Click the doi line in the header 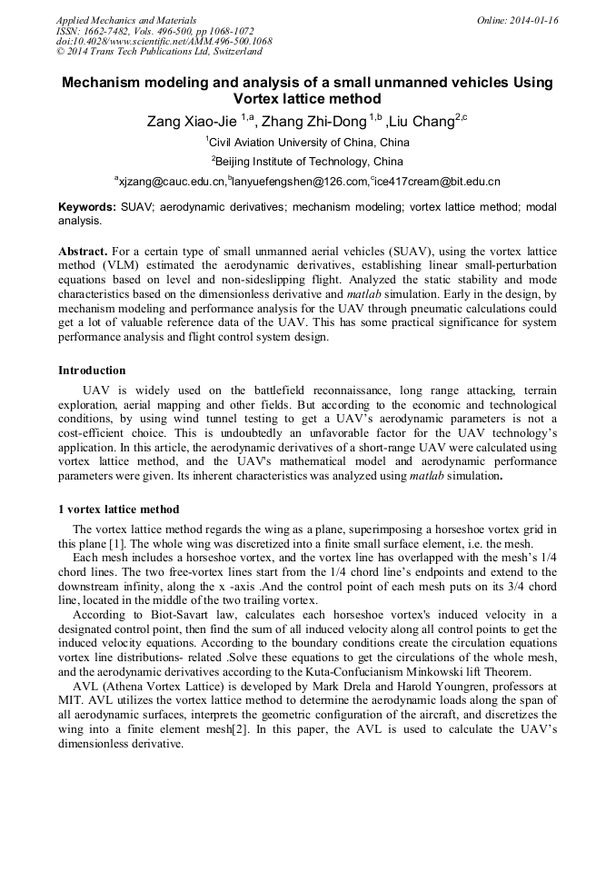coord(164,42)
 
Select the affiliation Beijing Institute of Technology coord(309,162)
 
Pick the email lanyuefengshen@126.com coord(300,182)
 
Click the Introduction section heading coord(93,371)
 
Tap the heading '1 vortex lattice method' coord(119,510)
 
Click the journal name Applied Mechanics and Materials coord(126,20)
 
